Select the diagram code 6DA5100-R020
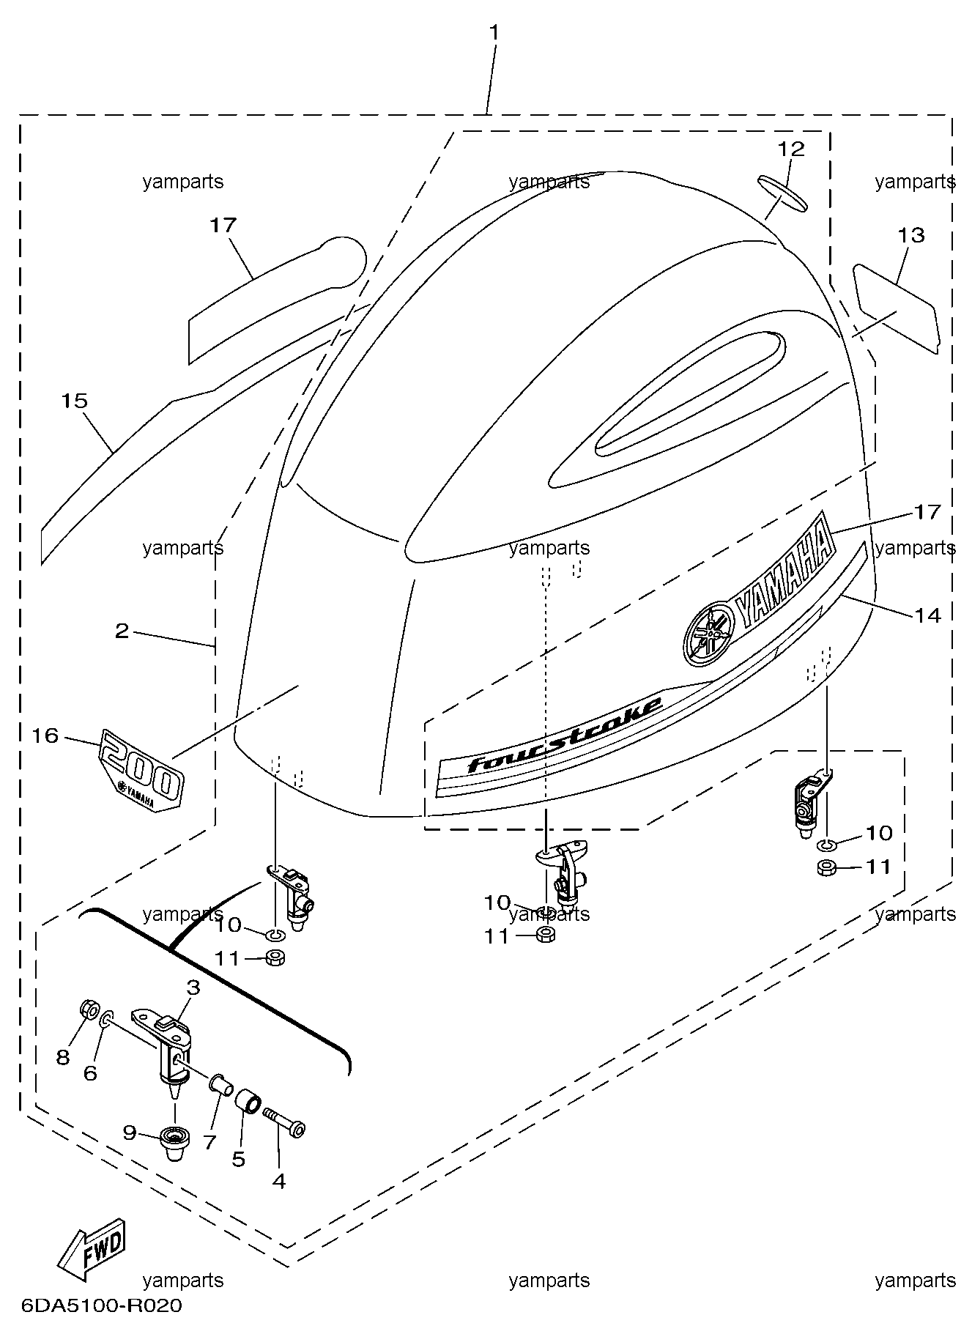[102, 1305]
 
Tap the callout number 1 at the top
[494, 33]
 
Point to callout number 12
[791, 149]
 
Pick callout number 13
[911, 236]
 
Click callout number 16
[45, 735]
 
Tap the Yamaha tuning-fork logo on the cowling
[708, 631]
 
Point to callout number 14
[927, 615]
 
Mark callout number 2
[122, 631]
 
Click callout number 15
[75, 401]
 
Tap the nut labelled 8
[88, 1009]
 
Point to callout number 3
[193, 988]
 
